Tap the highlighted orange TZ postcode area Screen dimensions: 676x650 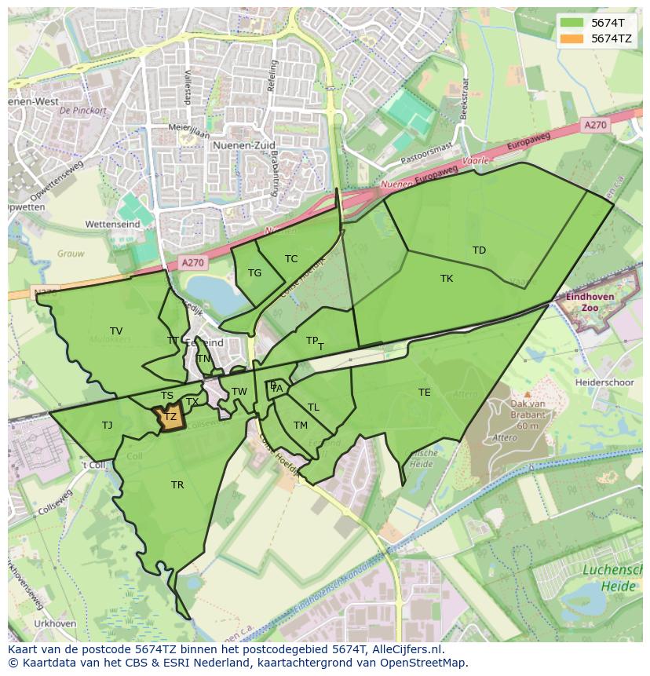[170, 417]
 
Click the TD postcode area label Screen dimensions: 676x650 [479, 250]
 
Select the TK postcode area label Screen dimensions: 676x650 [447, 279]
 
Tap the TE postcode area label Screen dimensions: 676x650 [425, 393]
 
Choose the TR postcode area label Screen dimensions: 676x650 [177, 485]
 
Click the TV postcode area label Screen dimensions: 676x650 [116, 331]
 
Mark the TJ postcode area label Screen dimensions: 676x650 [107, 426]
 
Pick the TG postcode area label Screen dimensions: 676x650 [254, 273]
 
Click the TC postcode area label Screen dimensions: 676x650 [291, 259]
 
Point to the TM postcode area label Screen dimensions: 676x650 [301, 426]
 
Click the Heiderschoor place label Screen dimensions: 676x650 [604, 382]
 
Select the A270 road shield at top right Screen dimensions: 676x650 [595, 125]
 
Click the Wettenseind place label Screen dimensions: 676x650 [112, 225]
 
